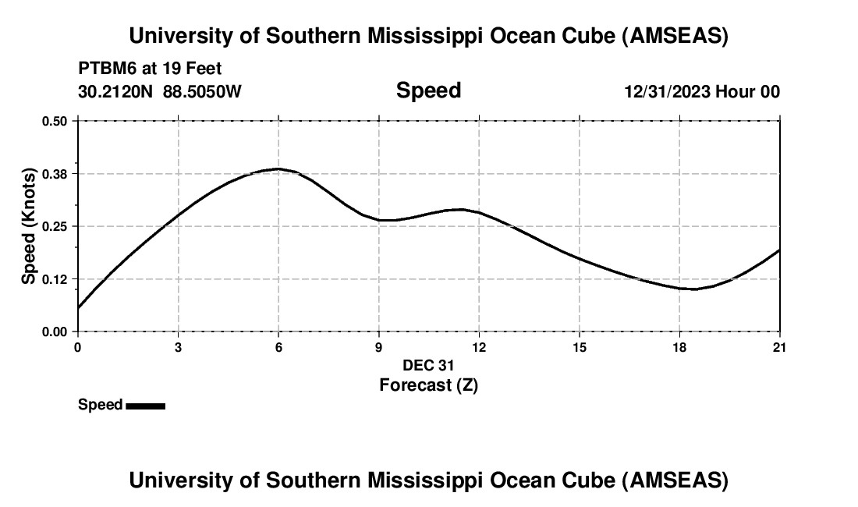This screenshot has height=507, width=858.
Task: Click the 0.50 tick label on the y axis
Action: [x=54, y=121]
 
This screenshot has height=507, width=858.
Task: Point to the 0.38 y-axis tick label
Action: [x=54, y=173]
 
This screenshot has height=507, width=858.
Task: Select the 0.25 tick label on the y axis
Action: [x=54, y=226]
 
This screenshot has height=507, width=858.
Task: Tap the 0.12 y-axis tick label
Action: [x=54, y=278]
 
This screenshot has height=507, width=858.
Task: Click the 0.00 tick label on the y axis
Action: [x=54, y=331]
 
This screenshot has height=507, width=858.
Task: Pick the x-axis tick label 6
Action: [x=278, y=346]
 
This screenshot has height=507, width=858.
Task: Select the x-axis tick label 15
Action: [x=580, y=346]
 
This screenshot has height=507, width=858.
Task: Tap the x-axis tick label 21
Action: [x=779, y=346]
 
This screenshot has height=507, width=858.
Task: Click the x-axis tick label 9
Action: [x=379, y=346]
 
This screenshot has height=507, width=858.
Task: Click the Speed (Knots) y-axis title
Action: [x=29, y=226]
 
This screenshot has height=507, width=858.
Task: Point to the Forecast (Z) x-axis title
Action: [x=428, y=385]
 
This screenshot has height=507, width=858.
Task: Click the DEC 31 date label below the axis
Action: [x=428, y=365]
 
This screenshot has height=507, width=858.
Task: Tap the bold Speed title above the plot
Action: [x=428, y=90]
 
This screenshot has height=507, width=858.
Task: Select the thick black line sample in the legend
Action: [x=146, y=406]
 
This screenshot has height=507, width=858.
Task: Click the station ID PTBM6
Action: [x=106, y=69]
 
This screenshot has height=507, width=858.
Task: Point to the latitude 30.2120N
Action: [x=117, y=91]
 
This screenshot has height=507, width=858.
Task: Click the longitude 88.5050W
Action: [x=202, y=91]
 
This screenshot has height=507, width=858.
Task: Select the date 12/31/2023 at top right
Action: [x=668, y=91]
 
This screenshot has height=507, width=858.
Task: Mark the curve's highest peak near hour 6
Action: [x=278, y=168]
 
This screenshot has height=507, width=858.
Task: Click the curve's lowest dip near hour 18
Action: [x=693, y=289]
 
